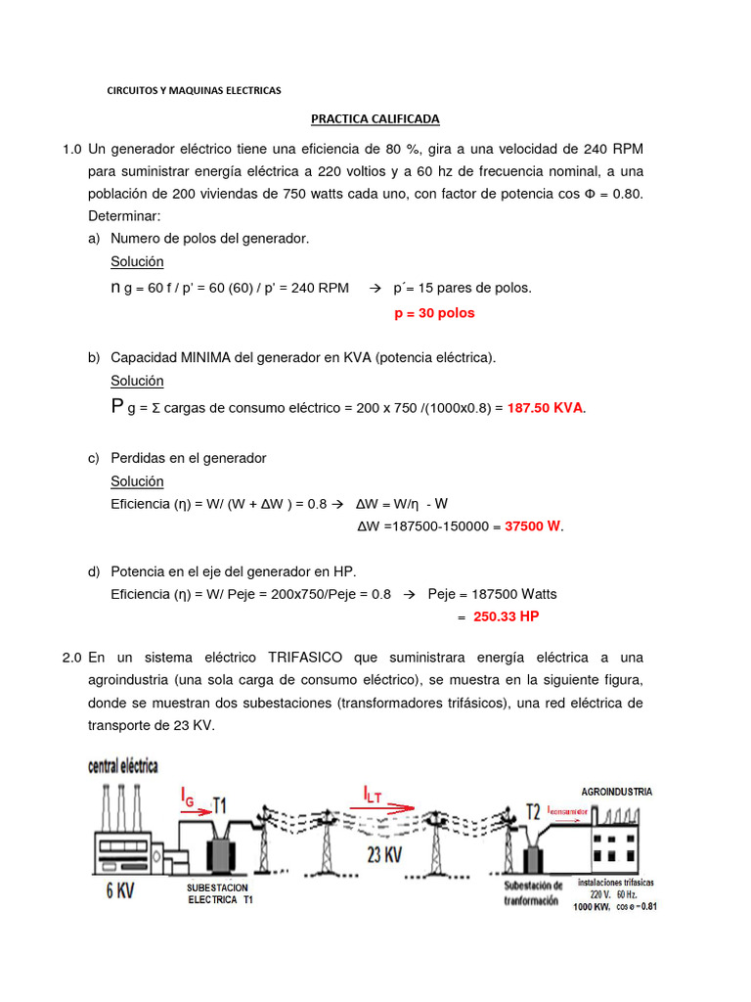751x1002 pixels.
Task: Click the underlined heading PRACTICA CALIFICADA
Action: (x=375, y=119)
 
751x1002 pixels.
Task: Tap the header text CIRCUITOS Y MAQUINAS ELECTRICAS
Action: (x=194, y=90)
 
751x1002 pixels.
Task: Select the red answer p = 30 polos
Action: (x=434, y=313)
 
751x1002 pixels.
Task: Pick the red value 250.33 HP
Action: (x=506, y=616)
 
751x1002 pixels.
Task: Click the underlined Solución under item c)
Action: (x=137, y=481)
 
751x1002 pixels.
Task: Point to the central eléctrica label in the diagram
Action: (x=123, y=766)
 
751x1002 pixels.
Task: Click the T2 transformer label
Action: (x=533, y=811)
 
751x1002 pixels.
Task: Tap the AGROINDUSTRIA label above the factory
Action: (x=616, y=791)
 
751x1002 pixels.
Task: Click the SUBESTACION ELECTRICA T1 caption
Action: (x=218, y=894)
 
